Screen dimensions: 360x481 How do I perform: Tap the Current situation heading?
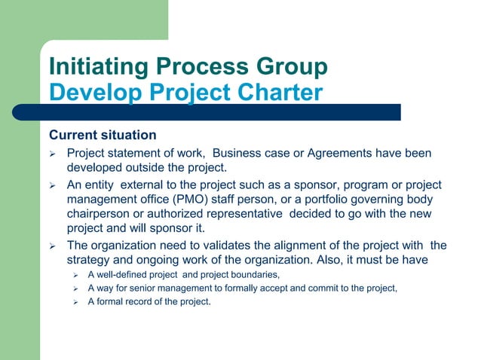[x=103, y=136]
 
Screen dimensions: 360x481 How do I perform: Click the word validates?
[x=231, y=246]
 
